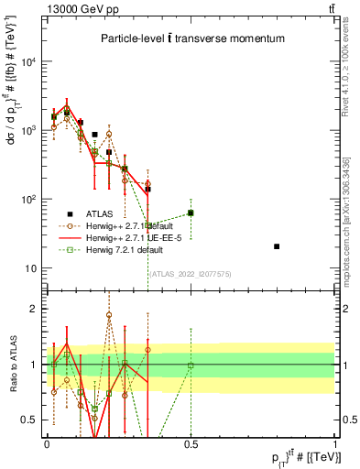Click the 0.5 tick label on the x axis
coord(191,443)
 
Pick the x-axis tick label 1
coord(334,443)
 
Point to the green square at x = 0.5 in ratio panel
coord(191,365)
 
